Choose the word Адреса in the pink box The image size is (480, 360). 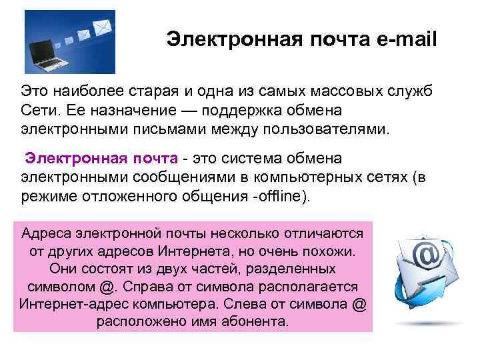click(47, 234)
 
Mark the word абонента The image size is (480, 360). click(255, 321)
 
